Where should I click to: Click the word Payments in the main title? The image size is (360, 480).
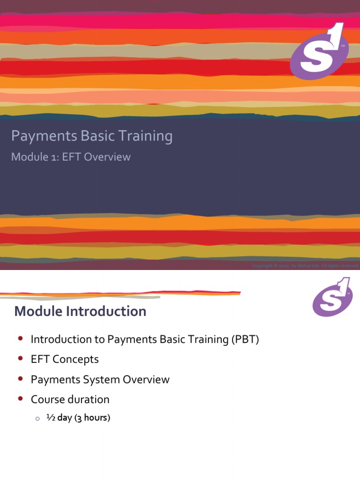point(39,136)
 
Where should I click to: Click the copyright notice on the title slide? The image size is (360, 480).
point(305,266)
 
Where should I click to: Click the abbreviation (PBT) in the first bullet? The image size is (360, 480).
point(244,339)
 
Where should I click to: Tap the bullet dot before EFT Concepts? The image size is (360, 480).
point(20,359)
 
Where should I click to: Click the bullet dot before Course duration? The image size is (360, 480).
point(20,399)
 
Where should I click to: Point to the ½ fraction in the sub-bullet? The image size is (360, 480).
point(51,417)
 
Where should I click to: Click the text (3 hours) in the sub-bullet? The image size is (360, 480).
point(92,418)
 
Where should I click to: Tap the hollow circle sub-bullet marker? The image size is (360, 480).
point(37,419)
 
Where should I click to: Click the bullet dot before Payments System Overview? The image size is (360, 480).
point(20,379)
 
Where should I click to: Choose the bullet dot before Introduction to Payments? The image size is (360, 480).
point(20,338)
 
